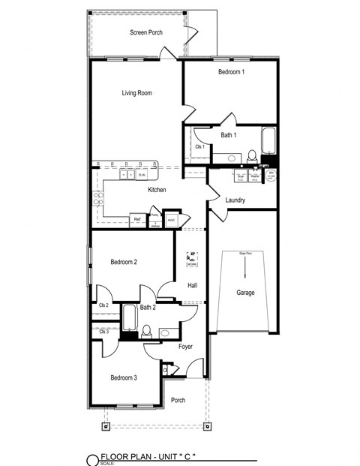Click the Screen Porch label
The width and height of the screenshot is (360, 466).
[x=145, y=32]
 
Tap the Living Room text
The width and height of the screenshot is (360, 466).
[x=137, y=93]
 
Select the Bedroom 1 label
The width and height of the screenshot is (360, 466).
[x=231, y=72]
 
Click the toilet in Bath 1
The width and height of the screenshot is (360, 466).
[x=252, y=156]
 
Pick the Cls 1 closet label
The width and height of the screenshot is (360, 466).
[x=199, y=147]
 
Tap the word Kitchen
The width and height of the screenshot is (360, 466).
[x=156, y=190]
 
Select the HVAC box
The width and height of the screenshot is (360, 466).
[x=172, y=220]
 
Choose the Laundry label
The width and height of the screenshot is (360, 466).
[x=235, y=200]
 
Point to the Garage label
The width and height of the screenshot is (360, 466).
[x=245, y=292]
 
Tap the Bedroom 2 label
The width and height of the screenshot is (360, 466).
[x=123, y=262]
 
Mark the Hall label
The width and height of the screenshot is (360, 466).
[x=192, y=285]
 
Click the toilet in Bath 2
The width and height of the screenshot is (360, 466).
[x=147, y=330]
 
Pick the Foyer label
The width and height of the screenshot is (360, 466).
[x=186, y=347]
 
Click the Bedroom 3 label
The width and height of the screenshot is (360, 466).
[x=123, y=377]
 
